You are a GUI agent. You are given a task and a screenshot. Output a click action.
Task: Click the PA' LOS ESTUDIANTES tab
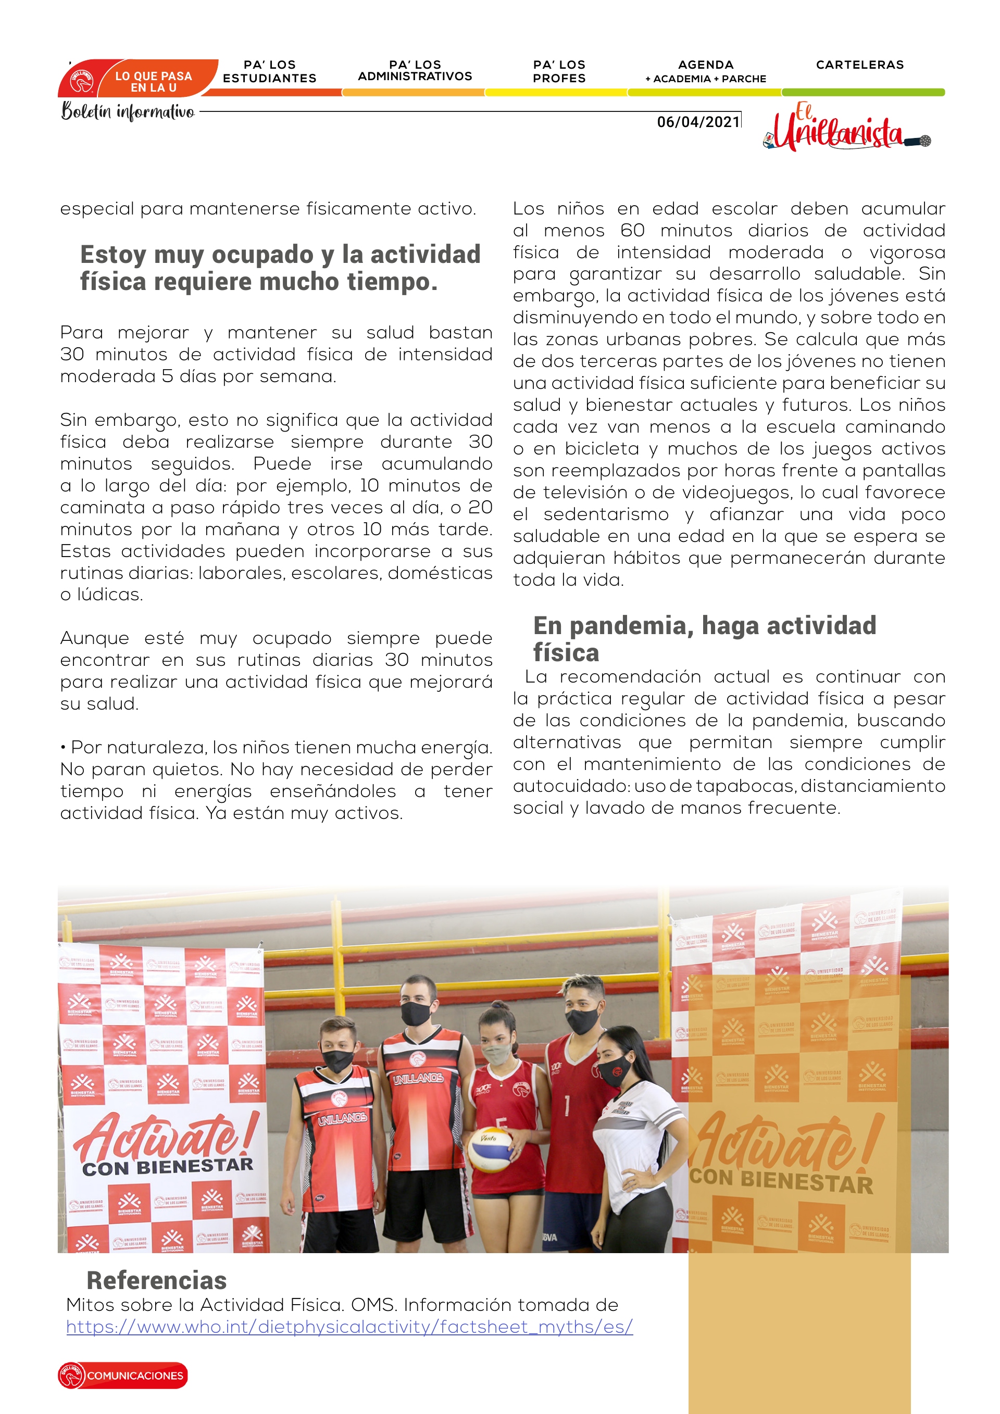point(269,71)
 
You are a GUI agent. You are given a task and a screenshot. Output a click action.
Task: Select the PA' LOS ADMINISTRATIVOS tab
point(415,71)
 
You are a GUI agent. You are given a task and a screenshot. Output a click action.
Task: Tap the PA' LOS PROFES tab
point(559,71)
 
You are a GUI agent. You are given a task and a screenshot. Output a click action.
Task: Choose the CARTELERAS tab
point(859,65)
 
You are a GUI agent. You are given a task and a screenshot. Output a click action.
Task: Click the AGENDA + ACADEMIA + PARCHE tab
point(706,71)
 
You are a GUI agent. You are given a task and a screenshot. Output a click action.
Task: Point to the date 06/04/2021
point(698,122)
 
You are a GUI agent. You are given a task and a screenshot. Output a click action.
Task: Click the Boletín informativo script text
point(128,111)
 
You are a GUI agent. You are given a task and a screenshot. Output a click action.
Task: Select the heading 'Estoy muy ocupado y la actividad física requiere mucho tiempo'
point(280,268)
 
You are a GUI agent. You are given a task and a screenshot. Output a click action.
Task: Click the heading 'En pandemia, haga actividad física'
point(704,638)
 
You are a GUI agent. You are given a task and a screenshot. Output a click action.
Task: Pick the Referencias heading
point(156,1280)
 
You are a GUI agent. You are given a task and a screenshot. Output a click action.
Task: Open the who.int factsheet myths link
point(349,1327)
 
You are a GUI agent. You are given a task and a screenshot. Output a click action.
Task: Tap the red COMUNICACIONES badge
point(123,1375)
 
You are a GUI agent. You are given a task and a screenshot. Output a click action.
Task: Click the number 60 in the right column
point(632,230)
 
